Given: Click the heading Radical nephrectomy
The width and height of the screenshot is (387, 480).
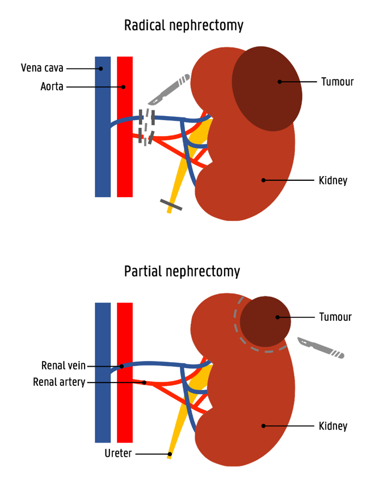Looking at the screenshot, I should tap(184, 26).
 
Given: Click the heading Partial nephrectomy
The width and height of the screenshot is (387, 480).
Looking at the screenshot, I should tap(182, 271).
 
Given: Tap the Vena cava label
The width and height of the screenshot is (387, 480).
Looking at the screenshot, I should tap(43, 69).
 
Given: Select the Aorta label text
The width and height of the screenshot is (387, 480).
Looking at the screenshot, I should tap(52, 87).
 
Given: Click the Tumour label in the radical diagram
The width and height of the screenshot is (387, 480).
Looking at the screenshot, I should tap(337, 82).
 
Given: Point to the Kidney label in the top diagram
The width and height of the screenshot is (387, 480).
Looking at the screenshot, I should tap(333, 181).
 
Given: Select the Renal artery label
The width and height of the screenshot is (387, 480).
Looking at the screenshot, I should tap(59, 383).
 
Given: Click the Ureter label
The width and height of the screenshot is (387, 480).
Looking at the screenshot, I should tap(118, 454).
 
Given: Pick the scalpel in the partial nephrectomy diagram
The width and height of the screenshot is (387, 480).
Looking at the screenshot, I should tap(320, 347).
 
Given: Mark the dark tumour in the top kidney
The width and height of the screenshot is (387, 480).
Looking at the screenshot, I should tap(267, 88).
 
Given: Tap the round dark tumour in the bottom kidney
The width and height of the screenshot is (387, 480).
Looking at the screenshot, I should tap(265, 321).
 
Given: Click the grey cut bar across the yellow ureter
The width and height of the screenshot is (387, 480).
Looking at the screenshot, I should tap(171, 205).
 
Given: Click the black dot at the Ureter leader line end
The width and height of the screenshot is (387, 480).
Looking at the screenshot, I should tap(169, 454).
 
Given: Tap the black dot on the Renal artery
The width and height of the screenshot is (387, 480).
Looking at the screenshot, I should tap(144, 383).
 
